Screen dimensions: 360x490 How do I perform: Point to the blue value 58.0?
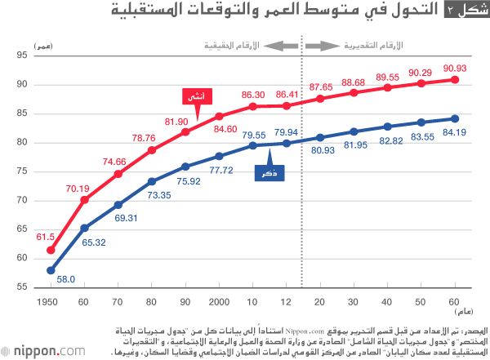(66, 279)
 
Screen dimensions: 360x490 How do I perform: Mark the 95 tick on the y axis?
(22, 55)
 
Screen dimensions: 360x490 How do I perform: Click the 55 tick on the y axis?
(22, 287)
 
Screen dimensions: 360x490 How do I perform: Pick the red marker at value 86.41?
(286, 105)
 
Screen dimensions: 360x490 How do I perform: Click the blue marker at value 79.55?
(253, 145)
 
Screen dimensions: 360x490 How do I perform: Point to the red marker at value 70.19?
(84, 200)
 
